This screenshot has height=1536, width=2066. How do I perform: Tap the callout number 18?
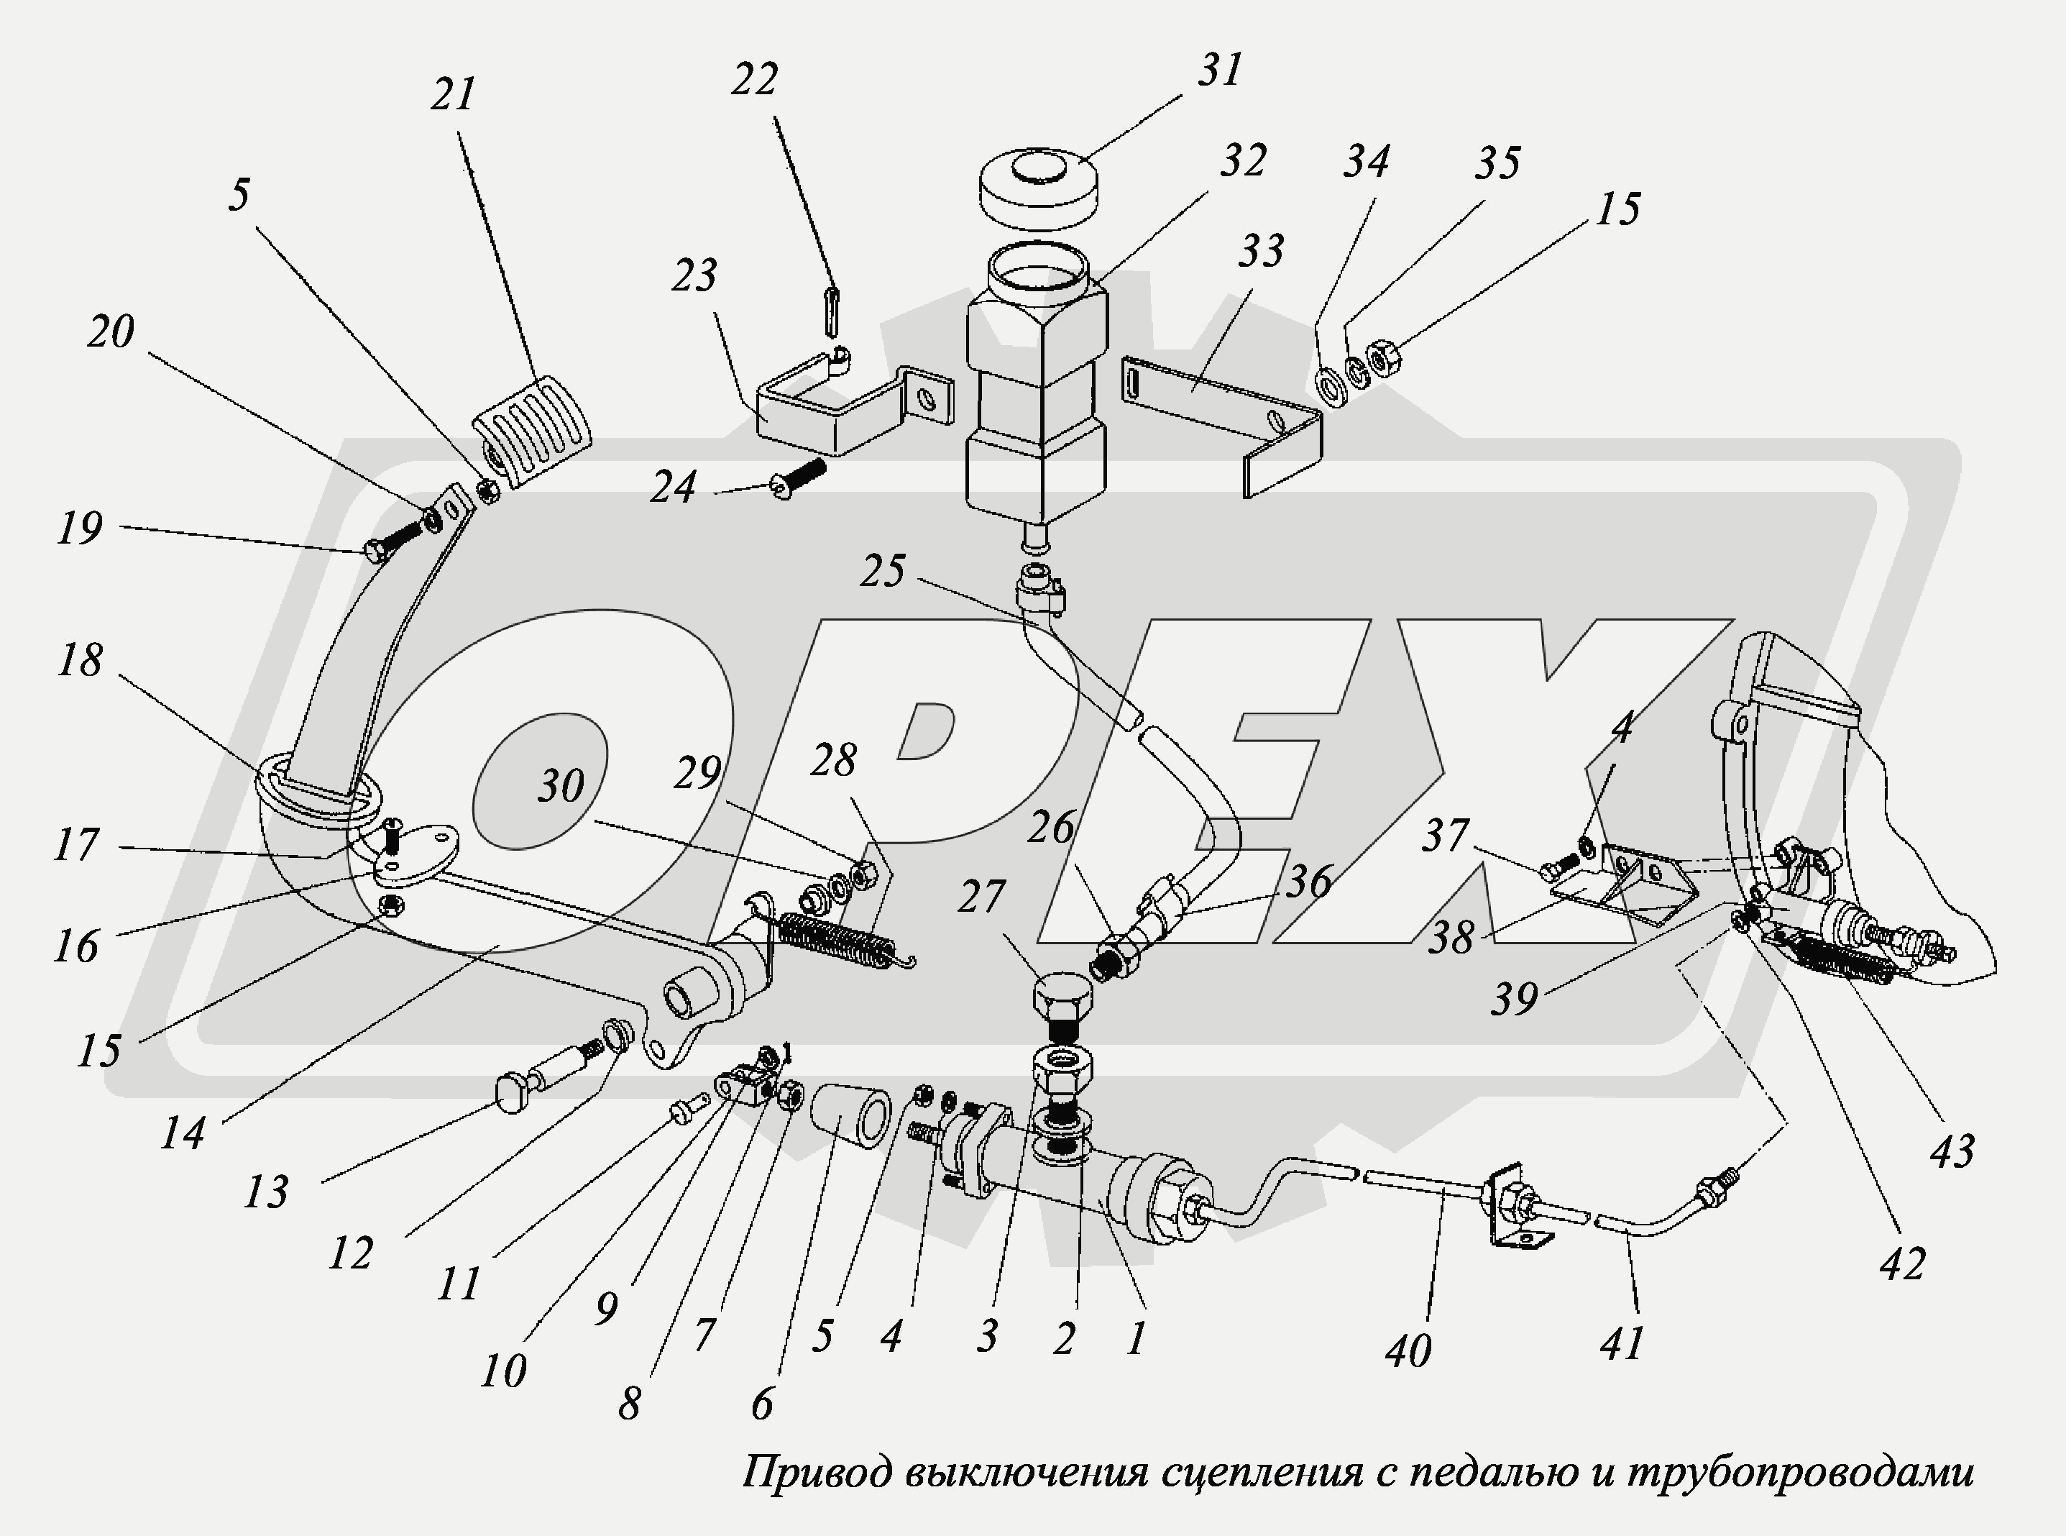(x=79, y=660)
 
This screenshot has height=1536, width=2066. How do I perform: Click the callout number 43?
(x=1951, y=1151)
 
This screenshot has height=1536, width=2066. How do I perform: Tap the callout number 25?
(x=881, y=570)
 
